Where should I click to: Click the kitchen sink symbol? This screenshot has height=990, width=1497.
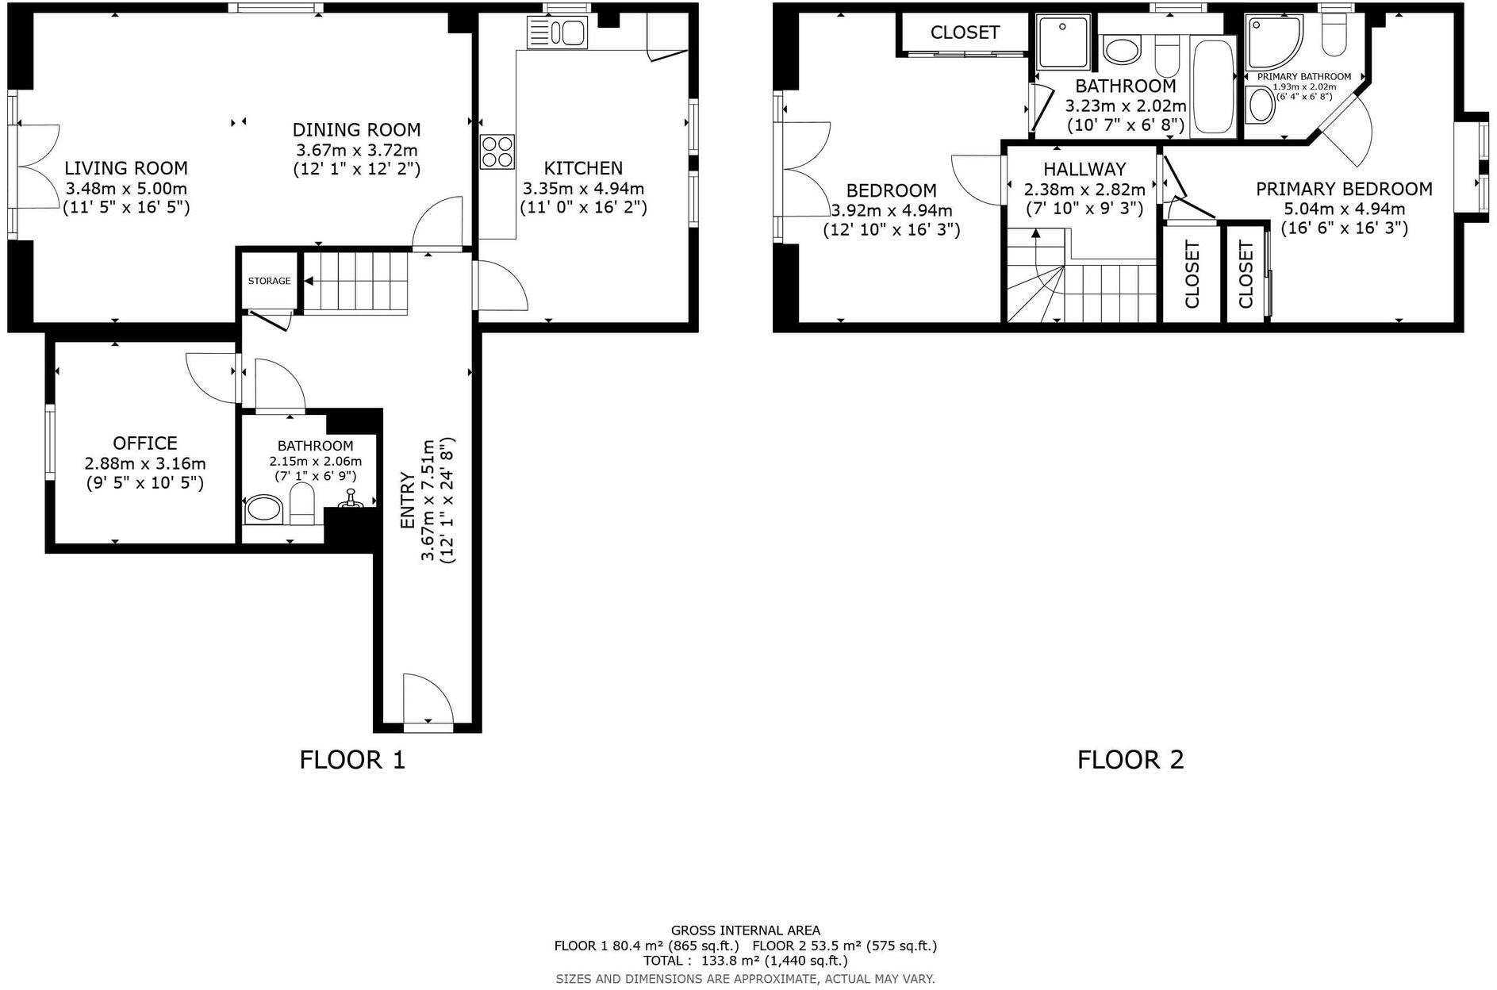click(x=557, y=33)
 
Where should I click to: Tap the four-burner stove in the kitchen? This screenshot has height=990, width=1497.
click(x=497, y=152)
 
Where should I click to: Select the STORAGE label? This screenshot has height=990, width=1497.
click(x=269, y=281)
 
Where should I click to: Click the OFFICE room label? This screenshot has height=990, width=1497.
click(x=145, y=443)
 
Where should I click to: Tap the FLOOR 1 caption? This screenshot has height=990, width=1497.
click(x=352, y=760)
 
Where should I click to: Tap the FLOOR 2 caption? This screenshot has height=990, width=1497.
click(x=1130, y=760)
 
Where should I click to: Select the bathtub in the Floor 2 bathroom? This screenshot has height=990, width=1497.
click(x=1212, y=86)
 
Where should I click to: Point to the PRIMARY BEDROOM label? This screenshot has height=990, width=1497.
click(x=1344, y=189)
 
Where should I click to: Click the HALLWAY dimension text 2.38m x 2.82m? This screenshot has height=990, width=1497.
click(x=1084, y=190)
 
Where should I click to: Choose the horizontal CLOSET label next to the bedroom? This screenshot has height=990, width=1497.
click(x=965, y=33)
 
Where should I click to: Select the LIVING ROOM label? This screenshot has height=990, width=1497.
click(x=126, y=168)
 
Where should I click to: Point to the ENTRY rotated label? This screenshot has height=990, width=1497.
click(x=407, y=501)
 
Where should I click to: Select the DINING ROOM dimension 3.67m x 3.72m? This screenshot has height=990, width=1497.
click(x=356, y=150)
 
